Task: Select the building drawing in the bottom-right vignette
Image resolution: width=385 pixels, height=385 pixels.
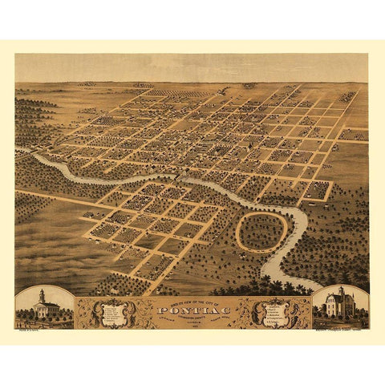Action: (340, 305)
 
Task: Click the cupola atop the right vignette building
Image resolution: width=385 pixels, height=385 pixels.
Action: (341, 291)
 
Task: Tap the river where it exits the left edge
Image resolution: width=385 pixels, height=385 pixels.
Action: (19, 150)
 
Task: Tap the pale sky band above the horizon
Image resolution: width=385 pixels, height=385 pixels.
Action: (192, 67)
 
